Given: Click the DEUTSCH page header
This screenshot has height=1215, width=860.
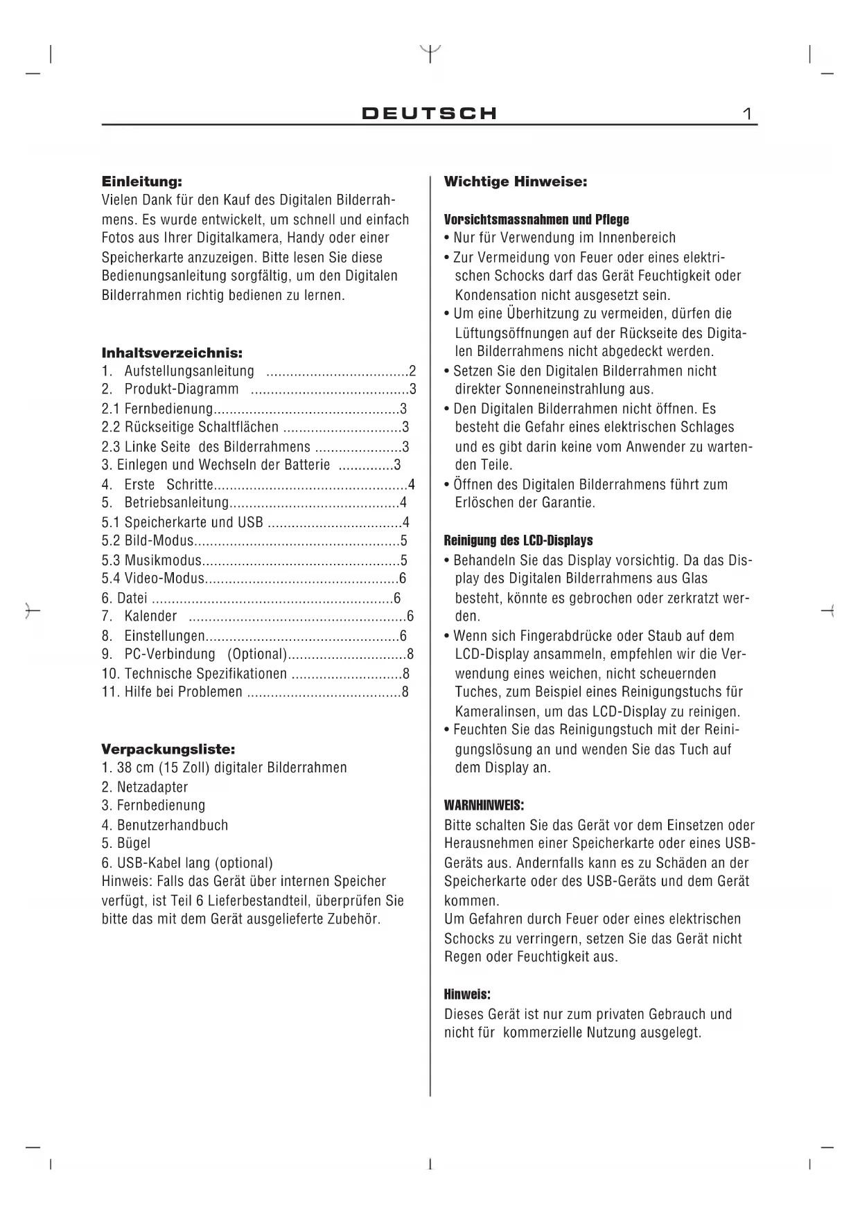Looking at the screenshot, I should (x=430, y=114).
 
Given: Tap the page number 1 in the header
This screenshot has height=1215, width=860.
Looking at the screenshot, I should (x=748, y=114).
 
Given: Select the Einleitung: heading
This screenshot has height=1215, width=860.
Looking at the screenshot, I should (x=141, y=182).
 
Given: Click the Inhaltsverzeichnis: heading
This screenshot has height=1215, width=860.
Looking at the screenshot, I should (x=172, y=353).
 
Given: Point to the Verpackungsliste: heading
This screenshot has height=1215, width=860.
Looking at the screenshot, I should (x=168, y=749).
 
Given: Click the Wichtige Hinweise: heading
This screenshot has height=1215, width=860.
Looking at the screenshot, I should (x=516, y=182).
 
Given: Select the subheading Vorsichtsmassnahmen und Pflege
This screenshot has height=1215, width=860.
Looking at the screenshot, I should (x=536, y=220).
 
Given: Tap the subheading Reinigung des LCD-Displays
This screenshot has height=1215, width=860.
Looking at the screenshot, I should (x=518, y=541).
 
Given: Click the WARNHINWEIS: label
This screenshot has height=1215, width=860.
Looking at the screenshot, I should (x=484, y=806).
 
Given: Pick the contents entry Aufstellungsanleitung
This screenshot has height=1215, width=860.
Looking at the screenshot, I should (x=189, y=371).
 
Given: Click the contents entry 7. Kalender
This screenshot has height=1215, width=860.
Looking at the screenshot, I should (x=150, y=617).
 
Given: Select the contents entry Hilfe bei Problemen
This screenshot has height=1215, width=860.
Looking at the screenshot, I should (x=183, y=691).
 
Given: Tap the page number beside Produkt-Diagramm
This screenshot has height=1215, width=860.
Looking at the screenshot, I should (x=412, y=389).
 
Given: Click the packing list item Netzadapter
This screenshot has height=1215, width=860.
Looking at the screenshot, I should (x=152, y=787).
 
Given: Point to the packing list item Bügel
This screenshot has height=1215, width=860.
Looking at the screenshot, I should (x=133, y=843).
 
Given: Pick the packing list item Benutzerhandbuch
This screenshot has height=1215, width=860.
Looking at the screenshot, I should (x=172, y=825).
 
